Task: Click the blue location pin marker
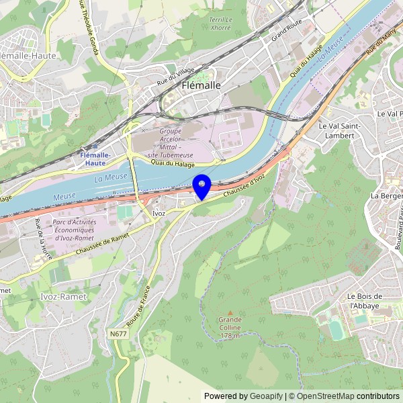point(201,185)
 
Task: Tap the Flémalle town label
point(201,85)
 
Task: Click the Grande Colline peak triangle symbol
point(230,313)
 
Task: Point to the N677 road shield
point(118,334)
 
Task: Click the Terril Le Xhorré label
point(220,24)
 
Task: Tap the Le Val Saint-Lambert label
point(340,130)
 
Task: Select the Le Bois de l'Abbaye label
point(365,301)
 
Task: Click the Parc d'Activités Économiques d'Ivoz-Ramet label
point(75,229)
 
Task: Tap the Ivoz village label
point(159,213)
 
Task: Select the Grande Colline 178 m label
point(230,327)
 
